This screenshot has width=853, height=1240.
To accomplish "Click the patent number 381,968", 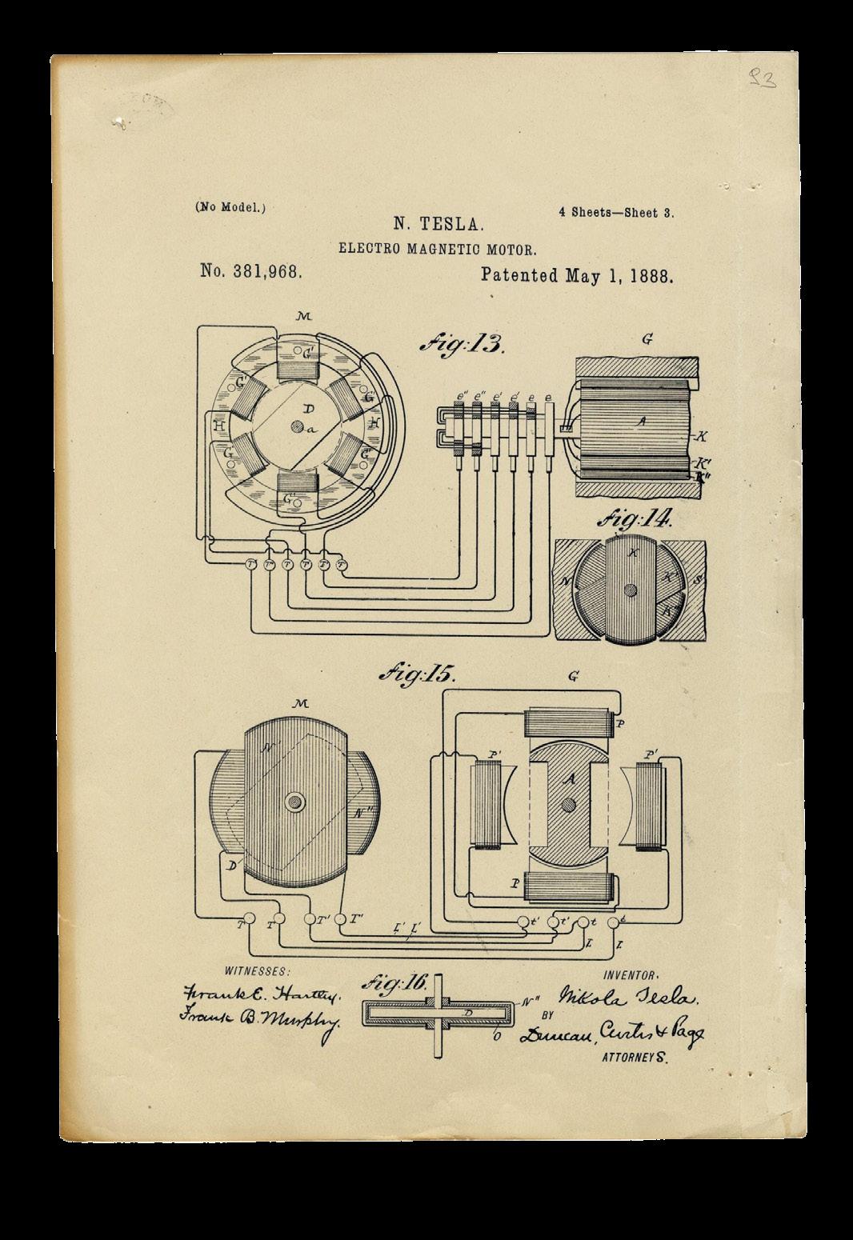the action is pyautogui.click(x=250, y=272).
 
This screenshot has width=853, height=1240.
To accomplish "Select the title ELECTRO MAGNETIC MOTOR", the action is pyautogui.click(x=432, y=248).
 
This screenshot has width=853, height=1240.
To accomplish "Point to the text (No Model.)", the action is pyautogui.click(x=230, y=206).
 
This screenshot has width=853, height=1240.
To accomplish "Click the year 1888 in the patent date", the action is pyautogui.click(x=650, y=277).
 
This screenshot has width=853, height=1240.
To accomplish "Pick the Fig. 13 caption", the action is pyautogui.click(x=463, y=345).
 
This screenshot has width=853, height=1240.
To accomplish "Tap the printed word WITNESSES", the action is pyautogui.click(x=257, y=971).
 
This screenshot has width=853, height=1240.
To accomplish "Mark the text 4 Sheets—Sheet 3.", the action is pyautogui.click(x=616, y=213).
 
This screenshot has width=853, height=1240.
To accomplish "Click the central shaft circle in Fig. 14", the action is pyautogui.click(x=631, y=590).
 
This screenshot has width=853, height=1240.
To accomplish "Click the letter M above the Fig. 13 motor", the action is pyautogui.click(x=302, y=318).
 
